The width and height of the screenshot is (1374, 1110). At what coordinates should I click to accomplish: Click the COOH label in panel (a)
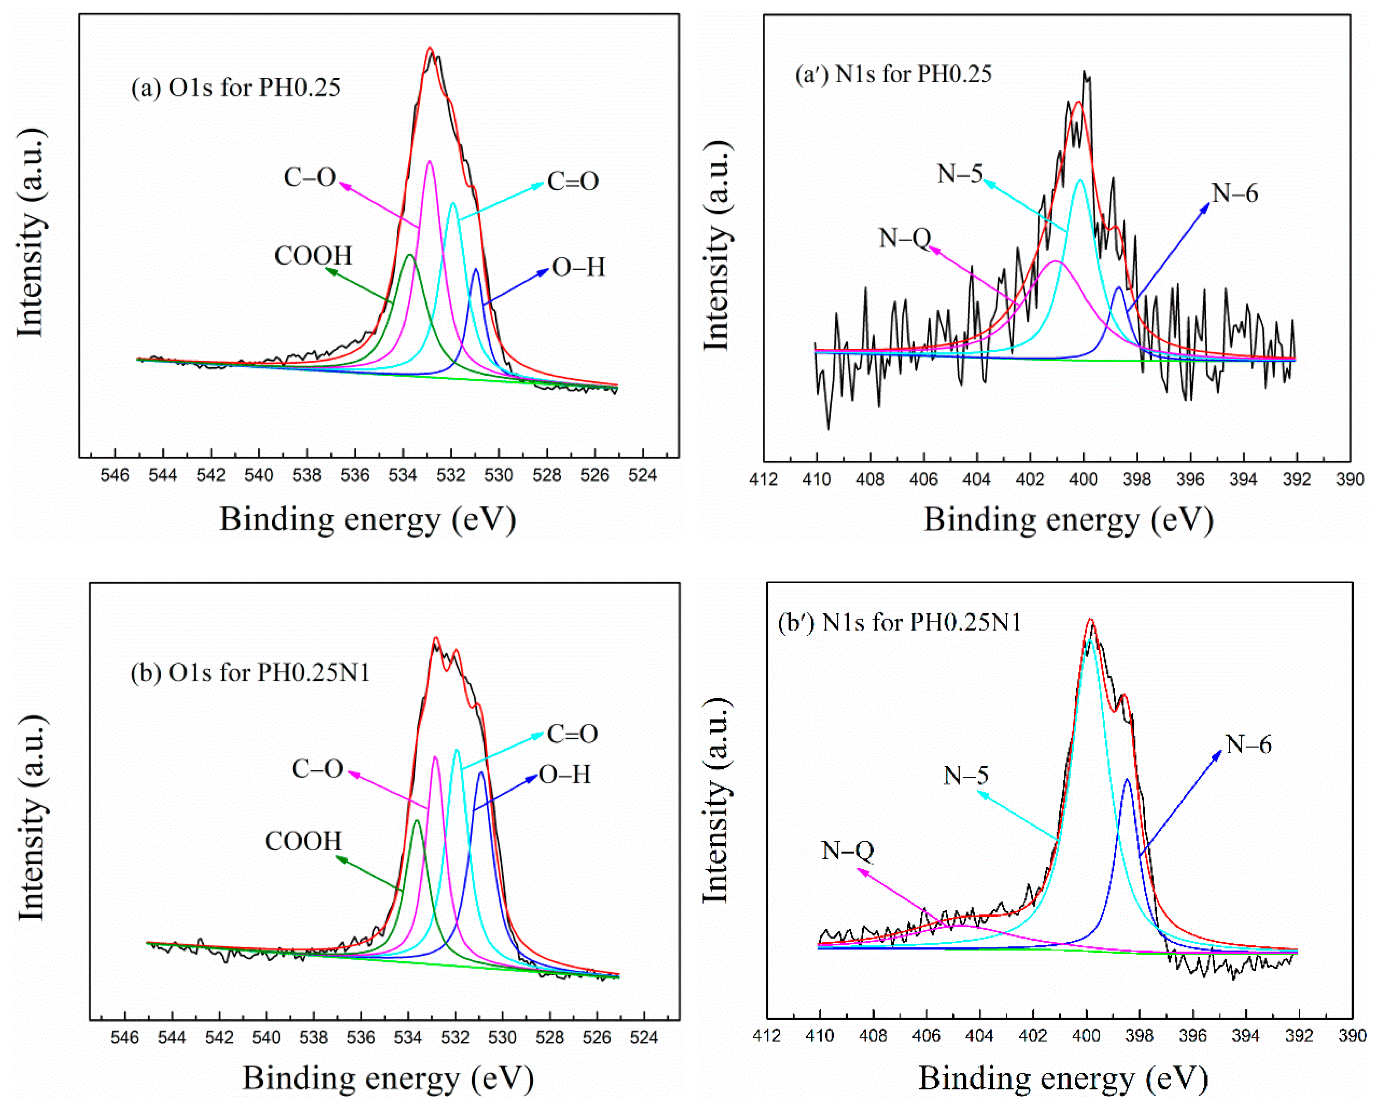[313, 256]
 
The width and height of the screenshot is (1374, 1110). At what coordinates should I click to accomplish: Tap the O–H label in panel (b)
[565, 775]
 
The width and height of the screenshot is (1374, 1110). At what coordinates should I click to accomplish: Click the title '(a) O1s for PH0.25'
[236, 88]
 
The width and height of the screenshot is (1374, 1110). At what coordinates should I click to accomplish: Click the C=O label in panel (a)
[573, 182]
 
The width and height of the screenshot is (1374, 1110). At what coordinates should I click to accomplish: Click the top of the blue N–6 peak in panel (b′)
[1127, 780]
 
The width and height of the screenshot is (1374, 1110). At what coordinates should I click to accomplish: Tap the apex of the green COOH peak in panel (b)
[417, 820]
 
